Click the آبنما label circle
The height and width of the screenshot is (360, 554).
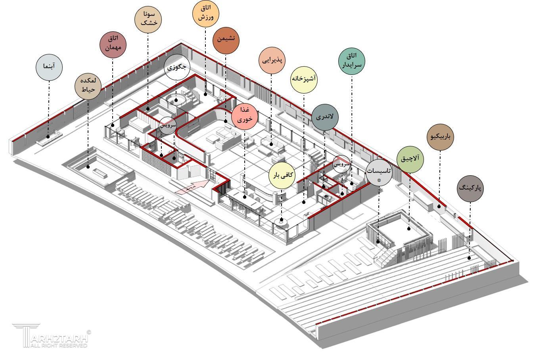(x=49, y=67)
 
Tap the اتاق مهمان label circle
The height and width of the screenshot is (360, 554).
(x=113, y=44)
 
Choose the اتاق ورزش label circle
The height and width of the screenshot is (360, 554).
(x=206, y=13)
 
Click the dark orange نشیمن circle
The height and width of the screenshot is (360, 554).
(x=226, y=40)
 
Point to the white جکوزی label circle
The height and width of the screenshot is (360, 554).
(x=177, y=67)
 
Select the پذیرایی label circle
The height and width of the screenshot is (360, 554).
(x=272, y=60)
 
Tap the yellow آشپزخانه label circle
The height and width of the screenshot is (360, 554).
(x=304, y=79)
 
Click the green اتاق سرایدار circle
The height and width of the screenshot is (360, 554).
(x=351, y=60)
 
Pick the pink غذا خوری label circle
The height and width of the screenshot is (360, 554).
(x=245, y=117)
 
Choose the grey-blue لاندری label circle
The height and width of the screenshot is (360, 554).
(x=324, y=117)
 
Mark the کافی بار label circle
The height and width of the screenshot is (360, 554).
(x=282, y=175)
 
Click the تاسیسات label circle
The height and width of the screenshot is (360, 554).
(x=379, y=172)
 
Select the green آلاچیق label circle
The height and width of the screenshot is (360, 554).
(x=410, y=159)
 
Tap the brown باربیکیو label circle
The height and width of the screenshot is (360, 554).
(x=440, y=137)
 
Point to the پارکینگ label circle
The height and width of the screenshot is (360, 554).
(x=470, y=188)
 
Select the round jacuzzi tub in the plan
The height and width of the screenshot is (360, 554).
(x=176, y=99)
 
